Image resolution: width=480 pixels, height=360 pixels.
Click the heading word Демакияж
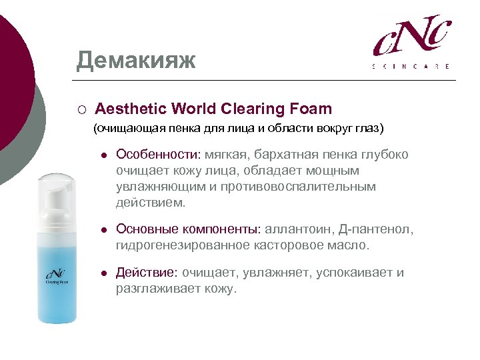coord(136,61)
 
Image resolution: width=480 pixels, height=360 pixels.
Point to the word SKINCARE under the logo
coord(411,66)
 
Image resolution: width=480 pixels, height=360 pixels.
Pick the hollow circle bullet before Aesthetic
coord(80,109)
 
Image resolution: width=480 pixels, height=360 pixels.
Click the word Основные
coord(146,229)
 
